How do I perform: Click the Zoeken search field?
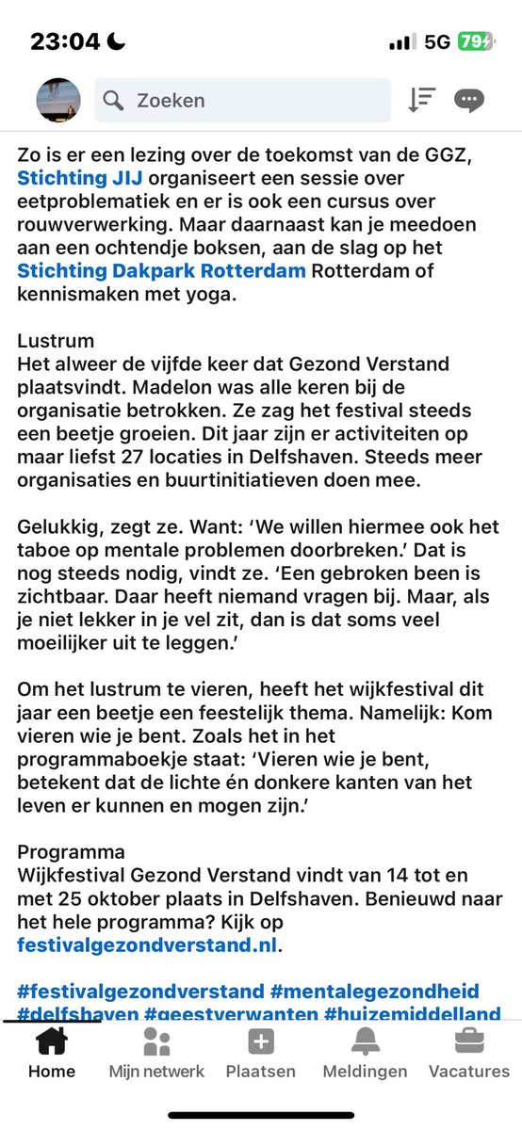point(242,100)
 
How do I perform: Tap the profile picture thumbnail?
point(57,100)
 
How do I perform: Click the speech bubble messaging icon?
point(468,100)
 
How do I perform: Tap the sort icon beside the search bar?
point(421,100)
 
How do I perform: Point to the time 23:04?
point(65,41)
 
